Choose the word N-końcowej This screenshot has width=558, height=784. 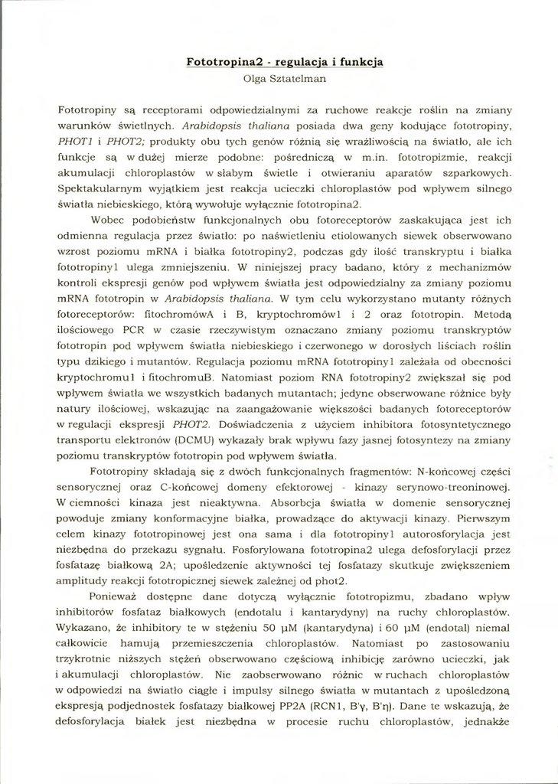point(426,471)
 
